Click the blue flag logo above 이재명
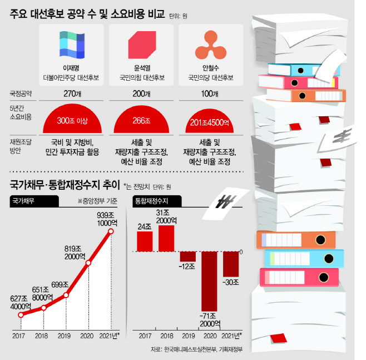[x=72, y=45]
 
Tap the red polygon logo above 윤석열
[x=142, y=45]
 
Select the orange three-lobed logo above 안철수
[x=211, y=45]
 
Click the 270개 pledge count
[x=72, y=93]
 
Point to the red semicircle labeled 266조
[x=141, y=120]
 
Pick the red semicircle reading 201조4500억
[x=209, y=121]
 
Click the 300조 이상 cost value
[x=72, y=121]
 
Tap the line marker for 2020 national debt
[x=88, y=263]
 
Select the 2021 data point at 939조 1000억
[x=111, y=231]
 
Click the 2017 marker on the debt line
[x=21, y=315]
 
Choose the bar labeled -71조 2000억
[x=209, y=282]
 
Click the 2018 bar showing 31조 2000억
[x=166, y=238]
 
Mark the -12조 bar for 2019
[x=187, y=257]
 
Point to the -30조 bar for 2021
[x=231, y=264]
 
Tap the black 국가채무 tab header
[x=34, y=201]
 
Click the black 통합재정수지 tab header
[x=157, y=201]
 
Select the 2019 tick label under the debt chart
[x=64, y=336]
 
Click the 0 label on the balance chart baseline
[x=241, y=252]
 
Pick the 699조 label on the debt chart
[x=60, y=285]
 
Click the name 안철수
[x=211, y=68]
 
